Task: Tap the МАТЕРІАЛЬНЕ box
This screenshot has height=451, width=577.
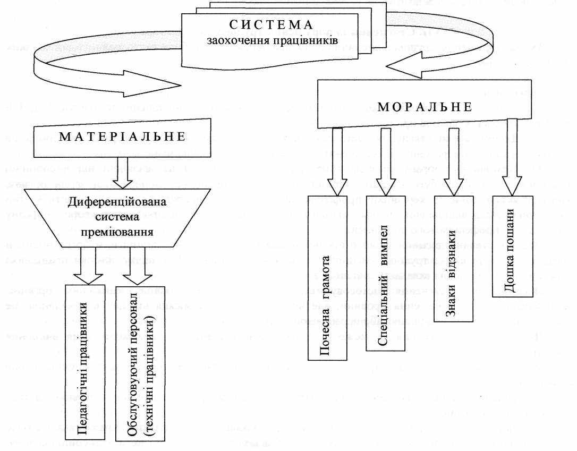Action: (x=123, y=137)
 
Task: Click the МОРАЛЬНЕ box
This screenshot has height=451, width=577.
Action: (x=425, y=107)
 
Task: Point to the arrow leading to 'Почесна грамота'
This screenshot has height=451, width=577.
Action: (x=336, y=159)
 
